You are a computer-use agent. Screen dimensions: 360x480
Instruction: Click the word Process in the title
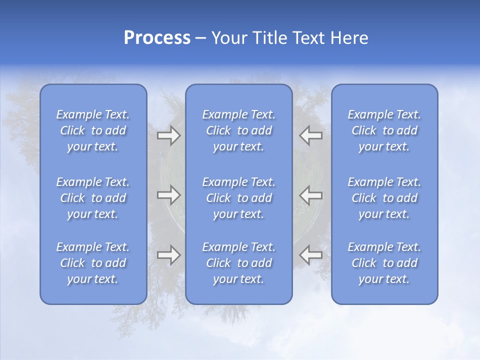(157, 38)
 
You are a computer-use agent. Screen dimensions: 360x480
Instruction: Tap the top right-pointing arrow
(168, 135)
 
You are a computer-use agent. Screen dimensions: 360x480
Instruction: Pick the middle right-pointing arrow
(168, 195)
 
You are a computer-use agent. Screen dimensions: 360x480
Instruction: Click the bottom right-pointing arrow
(168, 255)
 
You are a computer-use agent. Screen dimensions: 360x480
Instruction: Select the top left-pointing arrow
(311, 135)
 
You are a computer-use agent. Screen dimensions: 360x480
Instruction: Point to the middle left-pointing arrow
(311, 195)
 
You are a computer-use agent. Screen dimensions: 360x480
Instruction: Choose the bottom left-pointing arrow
(311, 255)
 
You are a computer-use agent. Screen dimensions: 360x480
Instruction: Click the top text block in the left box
(93, 130)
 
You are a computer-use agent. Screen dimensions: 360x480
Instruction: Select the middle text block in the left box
(93, 198)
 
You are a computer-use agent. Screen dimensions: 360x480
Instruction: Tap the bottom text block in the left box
(93, 263)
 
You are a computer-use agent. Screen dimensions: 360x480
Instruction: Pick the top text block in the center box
(239, 130)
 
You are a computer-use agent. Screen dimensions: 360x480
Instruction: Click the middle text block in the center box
(239, 198)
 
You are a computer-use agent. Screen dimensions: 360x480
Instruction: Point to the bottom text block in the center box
(239, 263)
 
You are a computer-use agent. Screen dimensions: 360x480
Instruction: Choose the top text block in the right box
(384, 130)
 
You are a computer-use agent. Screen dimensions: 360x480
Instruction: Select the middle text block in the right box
(384, 198)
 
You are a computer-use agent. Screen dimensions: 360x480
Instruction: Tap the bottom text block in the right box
(384, 263)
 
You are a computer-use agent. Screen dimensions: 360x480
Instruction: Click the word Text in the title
(306, 38)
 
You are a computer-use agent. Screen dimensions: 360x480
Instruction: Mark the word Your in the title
(229, 38)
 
